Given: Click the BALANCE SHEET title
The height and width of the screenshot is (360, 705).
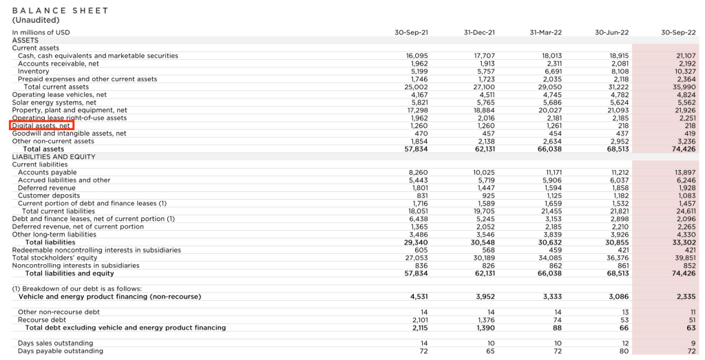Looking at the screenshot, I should [x=61, y=10].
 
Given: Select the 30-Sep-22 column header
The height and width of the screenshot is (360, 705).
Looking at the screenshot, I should [x=678, y=32].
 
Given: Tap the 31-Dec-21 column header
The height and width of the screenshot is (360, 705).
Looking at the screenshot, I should [x=479, y=32].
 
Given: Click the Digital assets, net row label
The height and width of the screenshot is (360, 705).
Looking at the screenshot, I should [x=41, y=126].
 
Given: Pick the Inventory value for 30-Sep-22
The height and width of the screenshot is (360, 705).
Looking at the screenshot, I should [x=684, y=72].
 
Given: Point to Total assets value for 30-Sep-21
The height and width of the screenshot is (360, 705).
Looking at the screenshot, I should [x=416, y=149].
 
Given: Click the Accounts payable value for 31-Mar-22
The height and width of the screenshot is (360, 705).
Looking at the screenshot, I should [x=554, y=172].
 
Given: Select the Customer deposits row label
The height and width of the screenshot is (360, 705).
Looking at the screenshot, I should [x=44, y=195].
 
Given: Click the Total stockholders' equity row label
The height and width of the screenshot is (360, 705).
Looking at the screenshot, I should [x=56, y=257].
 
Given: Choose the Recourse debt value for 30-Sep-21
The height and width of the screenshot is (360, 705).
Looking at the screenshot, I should [x=419, y=319].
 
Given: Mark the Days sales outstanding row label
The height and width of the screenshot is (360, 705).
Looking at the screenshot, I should [x=55, y=343].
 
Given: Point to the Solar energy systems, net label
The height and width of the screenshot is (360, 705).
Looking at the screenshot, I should [x=54, y=103].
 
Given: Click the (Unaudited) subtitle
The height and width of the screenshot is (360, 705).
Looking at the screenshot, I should [x=36, y=20].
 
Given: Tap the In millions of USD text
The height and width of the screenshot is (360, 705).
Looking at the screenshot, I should [x=41, y=32].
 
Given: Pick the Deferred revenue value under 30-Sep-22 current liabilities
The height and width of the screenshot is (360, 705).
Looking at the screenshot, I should [x=686, y=188].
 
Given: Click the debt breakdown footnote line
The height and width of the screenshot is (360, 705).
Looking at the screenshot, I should [x=77, y=288].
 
